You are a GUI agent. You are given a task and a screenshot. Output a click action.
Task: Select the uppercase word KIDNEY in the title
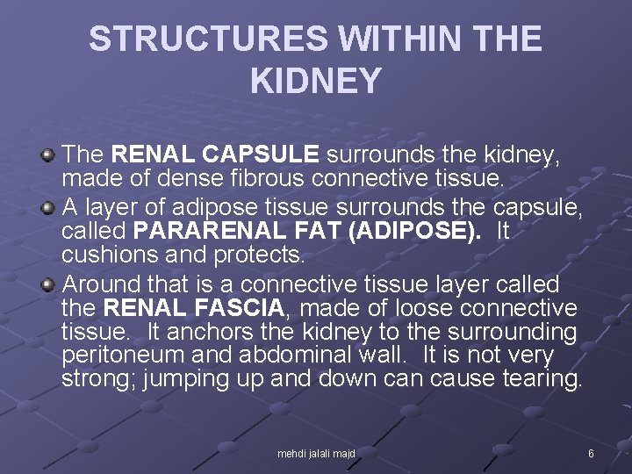316,81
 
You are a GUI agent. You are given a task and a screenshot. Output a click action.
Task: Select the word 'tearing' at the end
536,380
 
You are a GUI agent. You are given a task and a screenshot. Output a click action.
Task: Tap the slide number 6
591,454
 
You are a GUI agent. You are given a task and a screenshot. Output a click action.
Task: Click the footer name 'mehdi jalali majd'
316,454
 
